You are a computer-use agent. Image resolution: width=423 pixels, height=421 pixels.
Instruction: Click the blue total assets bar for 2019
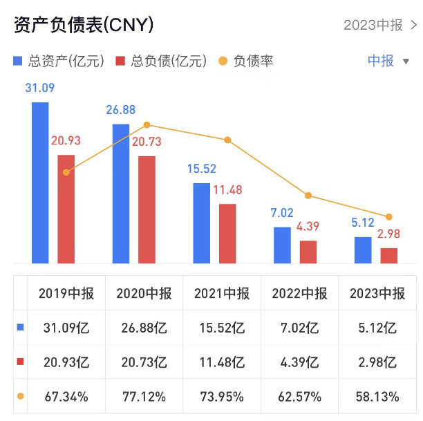pyautogui.click(x=40, y=183)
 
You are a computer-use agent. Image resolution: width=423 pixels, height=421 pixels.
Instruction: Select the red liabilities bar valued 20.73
pyautogui.click(x=147, y=209)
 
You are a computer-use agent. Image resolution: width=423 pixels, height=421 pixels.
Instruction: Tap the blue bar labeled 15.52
pyautogui.click(x=201, y=223)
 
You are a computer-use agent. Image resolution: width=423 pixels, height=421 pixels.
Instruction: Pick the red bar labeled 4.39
pyautogui.click(x=308, y=252)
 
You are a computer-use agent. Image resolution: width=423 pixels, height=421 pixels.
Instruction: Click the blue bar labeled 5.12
pyautogui.click(x=363, y=250)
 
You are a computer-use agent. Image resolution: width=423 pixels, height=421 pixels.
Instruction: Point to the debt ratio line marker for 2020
pyautogui.click(x=147, y=125)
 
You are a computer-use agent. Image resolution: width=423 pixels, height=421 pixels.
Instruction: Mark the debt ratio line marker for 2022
pyautogui.click(x=308, y=196)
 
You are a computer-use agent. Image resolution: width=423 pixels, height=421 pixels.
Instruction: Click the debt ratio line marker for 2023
pyautogui.click(x=389, y=217)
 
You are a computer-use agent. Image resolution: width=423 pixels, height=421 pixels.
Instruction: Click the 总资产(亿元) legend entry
pyautogui.click(x=59, y=61)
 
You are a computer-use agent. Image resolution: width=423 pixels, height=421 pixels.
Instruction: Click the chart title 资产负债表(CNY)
pyautogui.click(x=84, y=25)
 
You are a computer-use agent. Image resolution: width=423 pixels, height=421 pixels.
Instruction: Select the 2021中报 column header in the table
pyautogui.click(x=222, y=293)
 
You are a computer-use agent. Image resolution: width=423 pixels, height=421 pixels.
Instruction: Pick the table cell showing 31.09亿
pyautogui.click(x=66, y=327)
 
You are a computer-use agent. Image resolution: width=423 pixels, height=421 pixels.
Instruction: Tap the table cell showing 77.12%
pyautogui.click(x=144, y=397)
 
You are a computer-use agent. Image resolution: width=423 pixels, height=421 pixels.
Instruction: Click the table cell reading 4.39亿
pyautogui.click(x=300, y=362)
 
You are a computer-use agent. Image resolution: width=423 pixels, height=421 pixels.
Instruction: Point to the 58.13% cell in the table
pyautogui.click(x=377, y=397)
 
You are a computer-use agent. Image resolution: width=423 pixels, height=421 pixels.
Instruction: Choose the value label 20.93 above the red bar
pyautogui.click(x=66, y=140)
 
